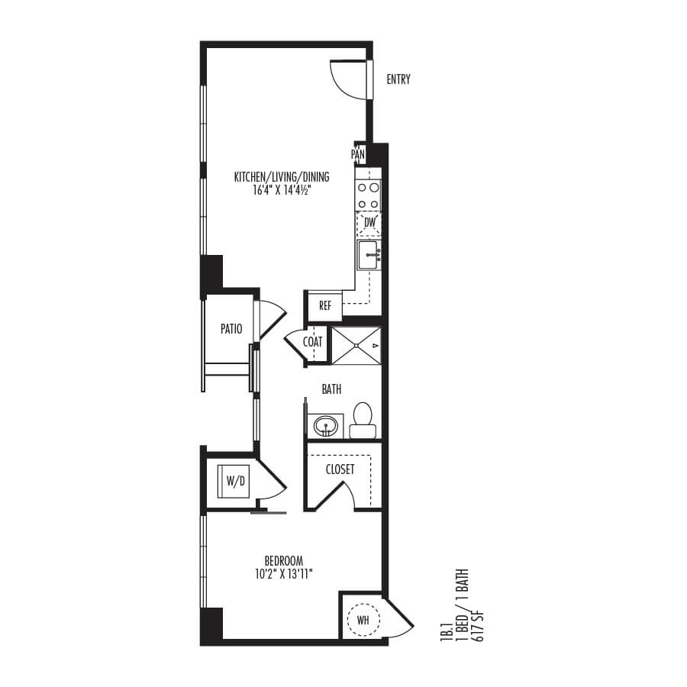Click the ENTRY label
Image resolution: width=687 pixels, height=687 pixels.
tap(398, 79)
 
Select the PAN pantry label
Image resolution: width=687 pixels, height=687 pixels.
tap(358, 154)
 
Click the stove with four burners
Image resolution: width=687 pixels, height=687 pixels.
tap(369, 195)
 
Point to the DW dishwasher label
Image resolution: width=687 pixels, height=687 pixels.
tap(369, 223)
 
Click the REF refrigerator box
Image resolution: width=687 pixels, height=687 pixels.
tap(325, 306)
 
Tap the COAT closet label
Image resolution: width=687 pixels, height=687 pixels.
tap(313, 342)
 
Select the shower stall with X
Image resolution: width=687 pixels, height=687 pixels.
tap(356, 346)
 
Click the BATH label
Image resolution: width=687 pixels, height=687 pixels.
tap(331, 389)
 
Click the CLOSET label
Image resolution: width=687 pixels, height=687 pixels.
tap(340, 469)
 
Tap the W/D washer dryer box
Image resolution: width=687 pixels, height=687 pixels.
tap(235, 482)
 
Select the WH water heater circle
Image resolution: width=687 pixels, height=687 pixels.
tap(363, 621)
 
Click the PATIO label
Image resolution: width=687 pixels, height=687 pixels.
tap(231, 329)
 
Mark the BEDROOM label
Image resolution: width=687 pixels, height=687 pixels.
tap(283, 561)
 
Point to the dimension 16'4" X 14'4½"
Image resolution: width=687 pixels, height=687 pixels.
tap(282, 191)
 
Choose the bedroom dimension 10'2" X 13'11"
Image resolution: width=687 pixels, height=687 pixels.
tap(283, 574)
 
